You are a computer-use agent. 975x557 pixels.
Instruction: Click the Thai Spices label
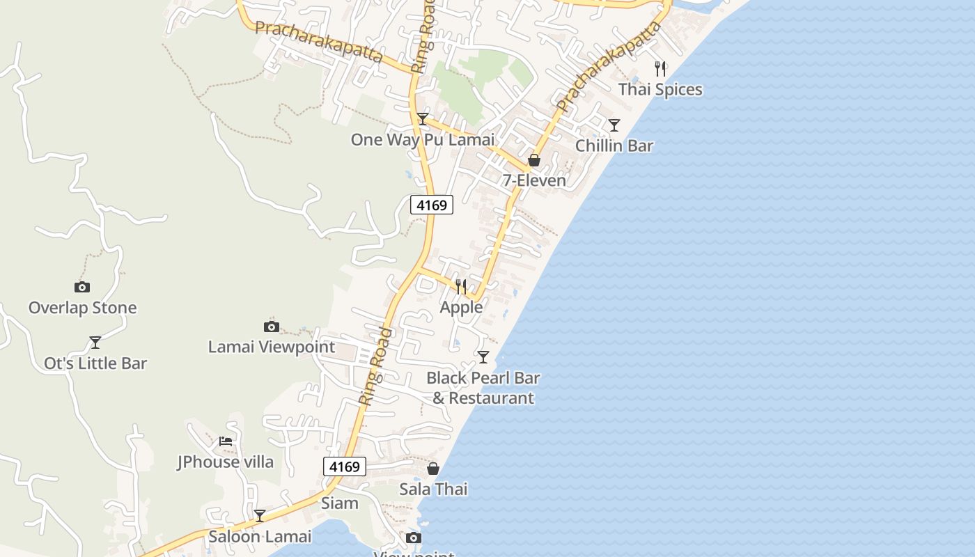coord(660,90)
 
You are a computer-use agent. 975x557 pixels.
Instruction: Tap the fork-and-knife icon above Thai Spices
coord(660,69)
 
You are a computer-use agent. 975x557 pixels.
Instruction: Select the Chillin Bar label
coord(614,146)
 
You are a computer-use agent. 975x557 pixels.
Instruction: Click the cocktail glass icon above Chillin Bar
coord(614,125)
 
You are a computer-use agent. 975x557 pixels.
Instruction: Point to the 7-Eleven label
coord(534,181)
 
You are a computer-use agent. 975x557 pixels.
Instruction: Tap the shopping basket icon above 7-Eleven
coord(534,160)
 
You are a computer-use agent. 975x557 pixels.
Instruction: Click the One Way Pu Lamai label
coord(422,140)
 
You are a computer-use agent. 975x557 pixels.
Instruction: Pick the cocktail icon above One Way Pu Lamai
coord(422,119)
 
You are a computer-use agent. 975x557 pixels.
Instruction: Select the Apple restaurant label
coord(461,307)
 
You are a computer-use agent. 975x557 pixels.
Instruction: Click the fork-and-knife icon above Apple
coord(461,286)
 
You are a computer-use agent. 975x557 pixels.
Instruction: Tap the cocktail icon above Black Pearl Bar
coord(483,357)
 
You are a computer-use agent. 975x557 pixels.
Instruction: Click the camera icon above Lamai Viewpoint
coord(272,327)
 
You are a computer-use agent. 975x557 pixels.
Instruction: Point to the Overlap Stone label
coord(82,308)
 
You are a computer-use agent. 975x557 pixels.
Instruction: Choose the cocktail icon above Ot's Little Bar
coord(95,343)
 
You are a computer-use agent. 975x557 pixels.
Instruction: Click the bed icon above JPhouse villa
coord(225,441)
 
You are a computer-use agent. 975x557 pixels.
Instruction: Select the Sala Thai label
coord(433,489)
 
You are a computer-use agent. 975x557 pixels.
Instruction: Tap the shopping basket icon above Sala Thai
coord(433,469)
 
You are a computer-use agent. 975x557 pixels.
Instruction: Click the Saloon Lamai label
coord(260,537)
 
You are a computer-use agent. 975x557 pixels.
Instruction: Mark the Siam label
coord(340,503)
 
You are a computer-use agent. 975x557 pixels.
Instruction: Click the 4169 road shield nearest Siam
coord(345,466)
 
